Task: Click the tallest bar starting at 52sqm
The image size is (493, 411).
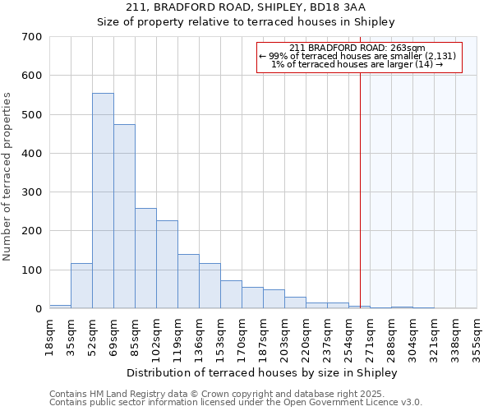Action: [x=103, y=201]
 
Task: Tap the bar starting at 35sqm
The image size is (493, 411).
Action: [x=81, y=286]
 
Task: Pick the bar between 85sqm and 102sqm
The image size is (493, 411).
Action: [x=145, y=258]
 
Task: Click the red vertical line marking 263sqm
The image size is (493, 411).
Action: [x=360, y=189]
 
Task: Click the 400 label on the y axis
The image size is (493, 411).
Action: [x=30, y=154]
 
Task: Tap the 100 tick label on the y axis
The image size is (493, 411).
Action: [x=30, y=270]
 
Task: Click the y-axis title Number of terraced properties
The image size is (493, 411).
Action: [x=7, y=177]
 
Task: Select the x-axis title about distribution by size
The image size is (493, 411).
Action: [x=262, y=372]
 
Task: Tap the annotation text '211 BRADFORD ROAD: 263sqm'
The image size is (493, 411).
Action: [x=357, y=48]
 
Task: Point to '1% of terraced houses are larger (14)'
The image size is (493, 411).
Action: [x=357, y=64]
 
